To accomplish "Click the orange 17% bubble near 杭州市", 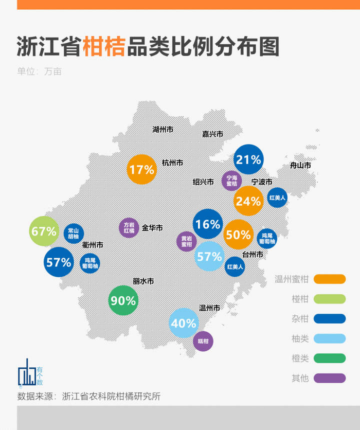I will [x=141, y=169].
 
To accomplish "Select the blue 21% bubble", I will [x=248, y=159].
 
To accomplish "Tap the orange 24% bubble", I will [x=248, y=201].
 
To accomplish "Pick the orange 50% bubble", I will [x=239, y=235].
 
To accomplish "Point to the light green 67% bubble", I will [x=44, y=231].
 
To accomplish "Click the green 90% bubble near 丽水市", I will [x=123, y=300].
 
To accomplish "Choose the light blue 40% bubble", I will [x=184, y=323].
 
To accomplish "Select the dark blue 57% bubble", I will [x=59, y=262].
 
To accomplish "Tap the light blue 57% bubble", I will [x=209, y=256].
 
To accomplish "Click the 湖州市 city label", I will [x=163, y=129].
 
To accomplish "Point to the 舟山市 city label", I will [x=300, y=166].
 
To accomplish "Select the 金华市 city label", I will [x=152, y=227].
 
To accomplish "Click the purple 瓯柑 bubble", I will [x=203, y=341].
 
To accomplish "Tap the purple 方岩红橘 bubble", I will [x=129, y=227].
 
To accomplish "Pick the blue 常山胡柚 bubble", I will [x=74, y=233].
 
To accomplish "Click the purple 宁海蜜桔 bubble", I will [x=231, y=181].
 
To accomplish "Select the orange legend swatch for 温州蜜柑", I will [x=330, y=279].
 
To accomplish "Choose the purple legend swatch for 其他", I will [x=330, y=378].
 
